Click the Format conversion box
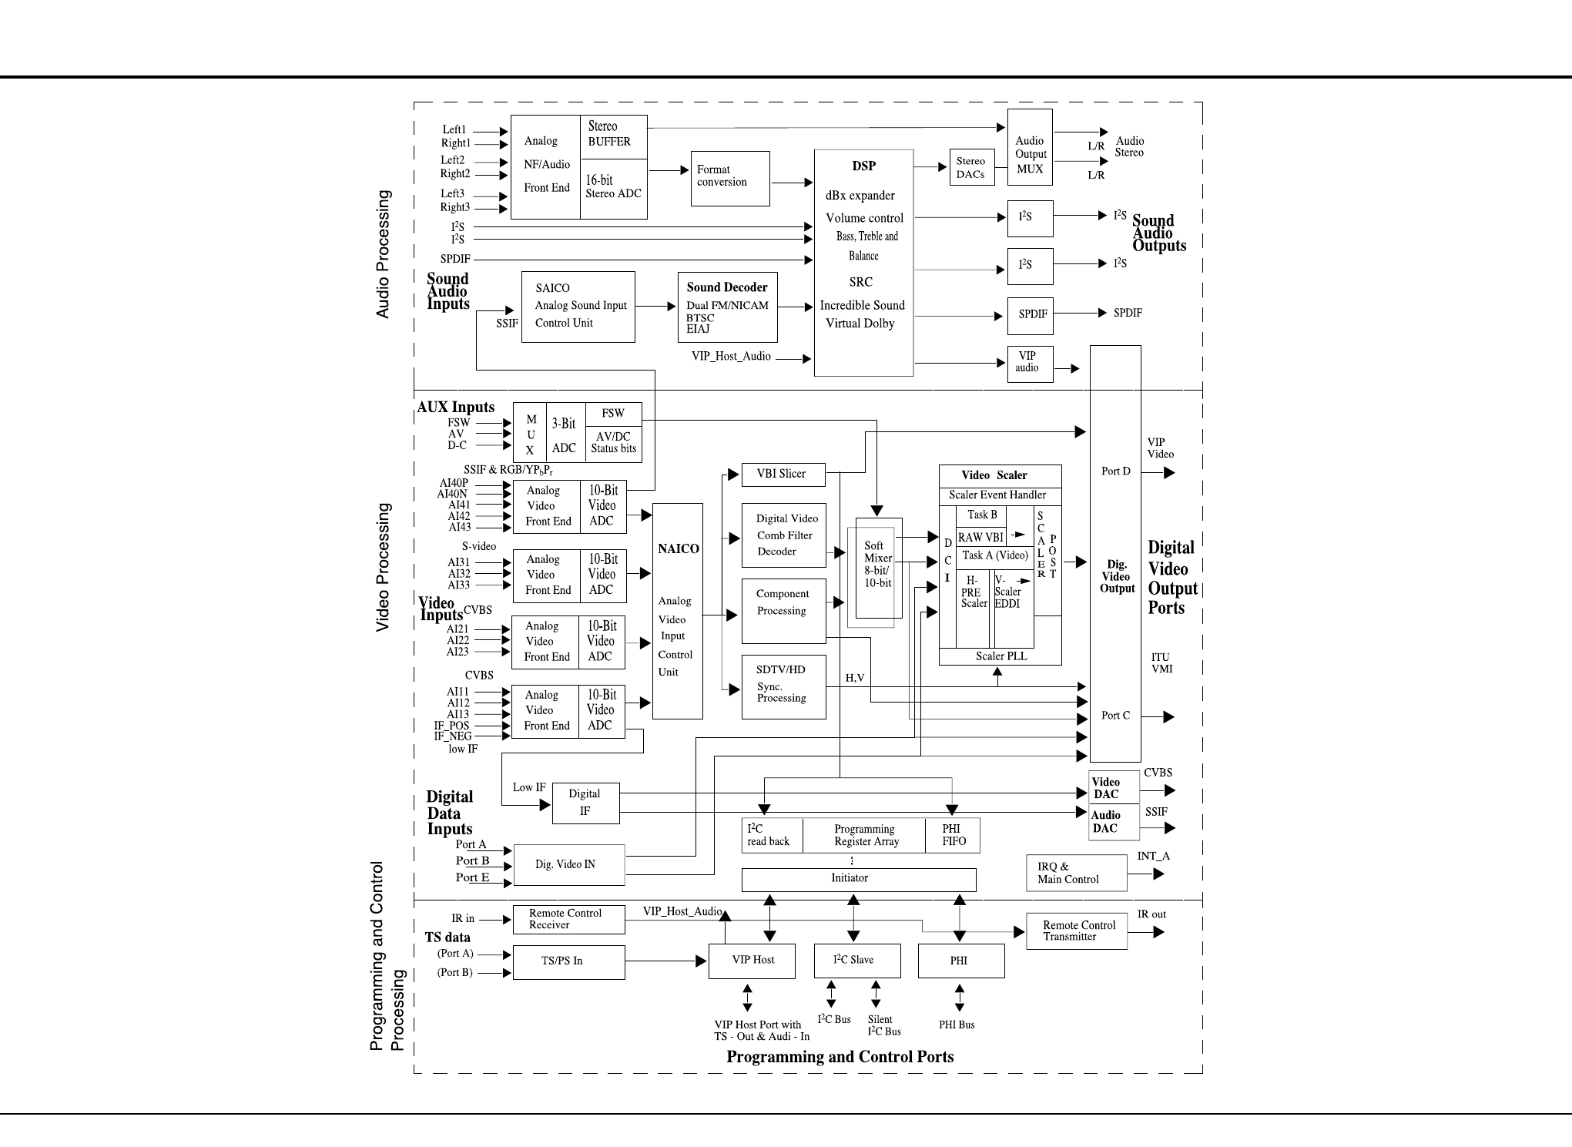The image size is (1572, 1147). click(729, 178)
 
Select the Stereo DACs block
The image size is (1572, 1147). click(971, 167)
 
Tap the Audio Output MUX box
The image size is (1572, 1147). click(1030, 154)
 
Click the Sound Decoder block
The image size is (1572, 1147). click(727, 307)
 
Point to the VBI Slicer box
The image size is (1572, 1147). click(783, 475)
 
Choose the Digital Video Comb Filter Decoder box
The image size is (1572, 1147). click(783, 535)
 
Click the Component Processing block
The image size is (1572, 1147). click(783, 610)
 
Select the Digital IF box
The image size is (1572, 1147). click(585, 803)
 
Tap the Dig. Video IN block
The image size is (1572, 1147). click(568, 864)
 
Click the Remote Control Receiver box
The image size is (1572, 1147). click(568, 919)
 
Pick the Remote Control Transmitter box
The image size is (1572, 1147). click(1076, 931)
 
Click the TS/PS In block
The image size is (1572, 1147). click(568, 961)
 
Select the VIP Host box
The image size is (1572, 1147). click(752, 961)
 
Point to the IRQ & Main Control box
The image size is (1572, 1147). click(1076, 873)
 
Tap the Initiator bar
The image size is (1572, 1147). click(858, 879)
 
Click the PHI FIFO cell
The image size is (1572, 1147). click(953, 836)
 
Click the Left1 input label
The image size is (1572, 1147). click(454, 129)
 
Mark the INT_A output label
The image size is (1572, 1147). click(1153, 857)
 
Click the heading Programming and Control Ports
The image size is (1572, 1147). click(840, 1057)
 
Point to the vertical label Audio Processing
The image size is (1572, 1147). click(383, 254)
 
